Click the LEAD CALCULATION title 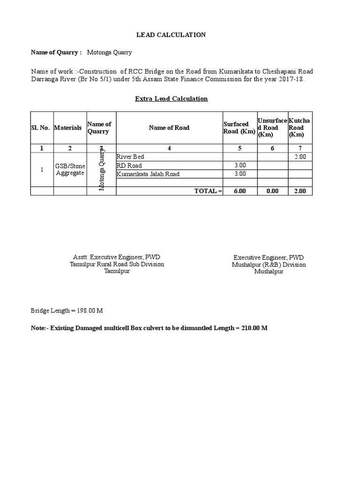[171, 35]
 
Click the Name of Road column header [169, 127]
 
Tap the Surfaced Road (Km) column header [239, 127]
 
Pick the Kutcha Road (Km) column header [300, 127]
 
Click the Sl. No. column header [42, 127]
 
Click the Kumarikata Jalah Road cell [148, 174]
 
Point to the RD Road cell [129, 165]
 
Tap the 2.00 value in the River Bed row [300, 157]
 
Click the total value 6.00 [240, 191]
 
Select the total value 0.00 [272, 191]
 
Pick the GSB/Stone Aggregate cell [70, 169]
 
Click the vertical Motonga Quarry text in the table [101, 170]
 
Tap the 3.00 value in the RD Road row [240, 165]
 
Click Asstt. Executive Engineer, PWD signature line [117, 257]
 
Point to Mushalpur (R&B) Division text [269, 264]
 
